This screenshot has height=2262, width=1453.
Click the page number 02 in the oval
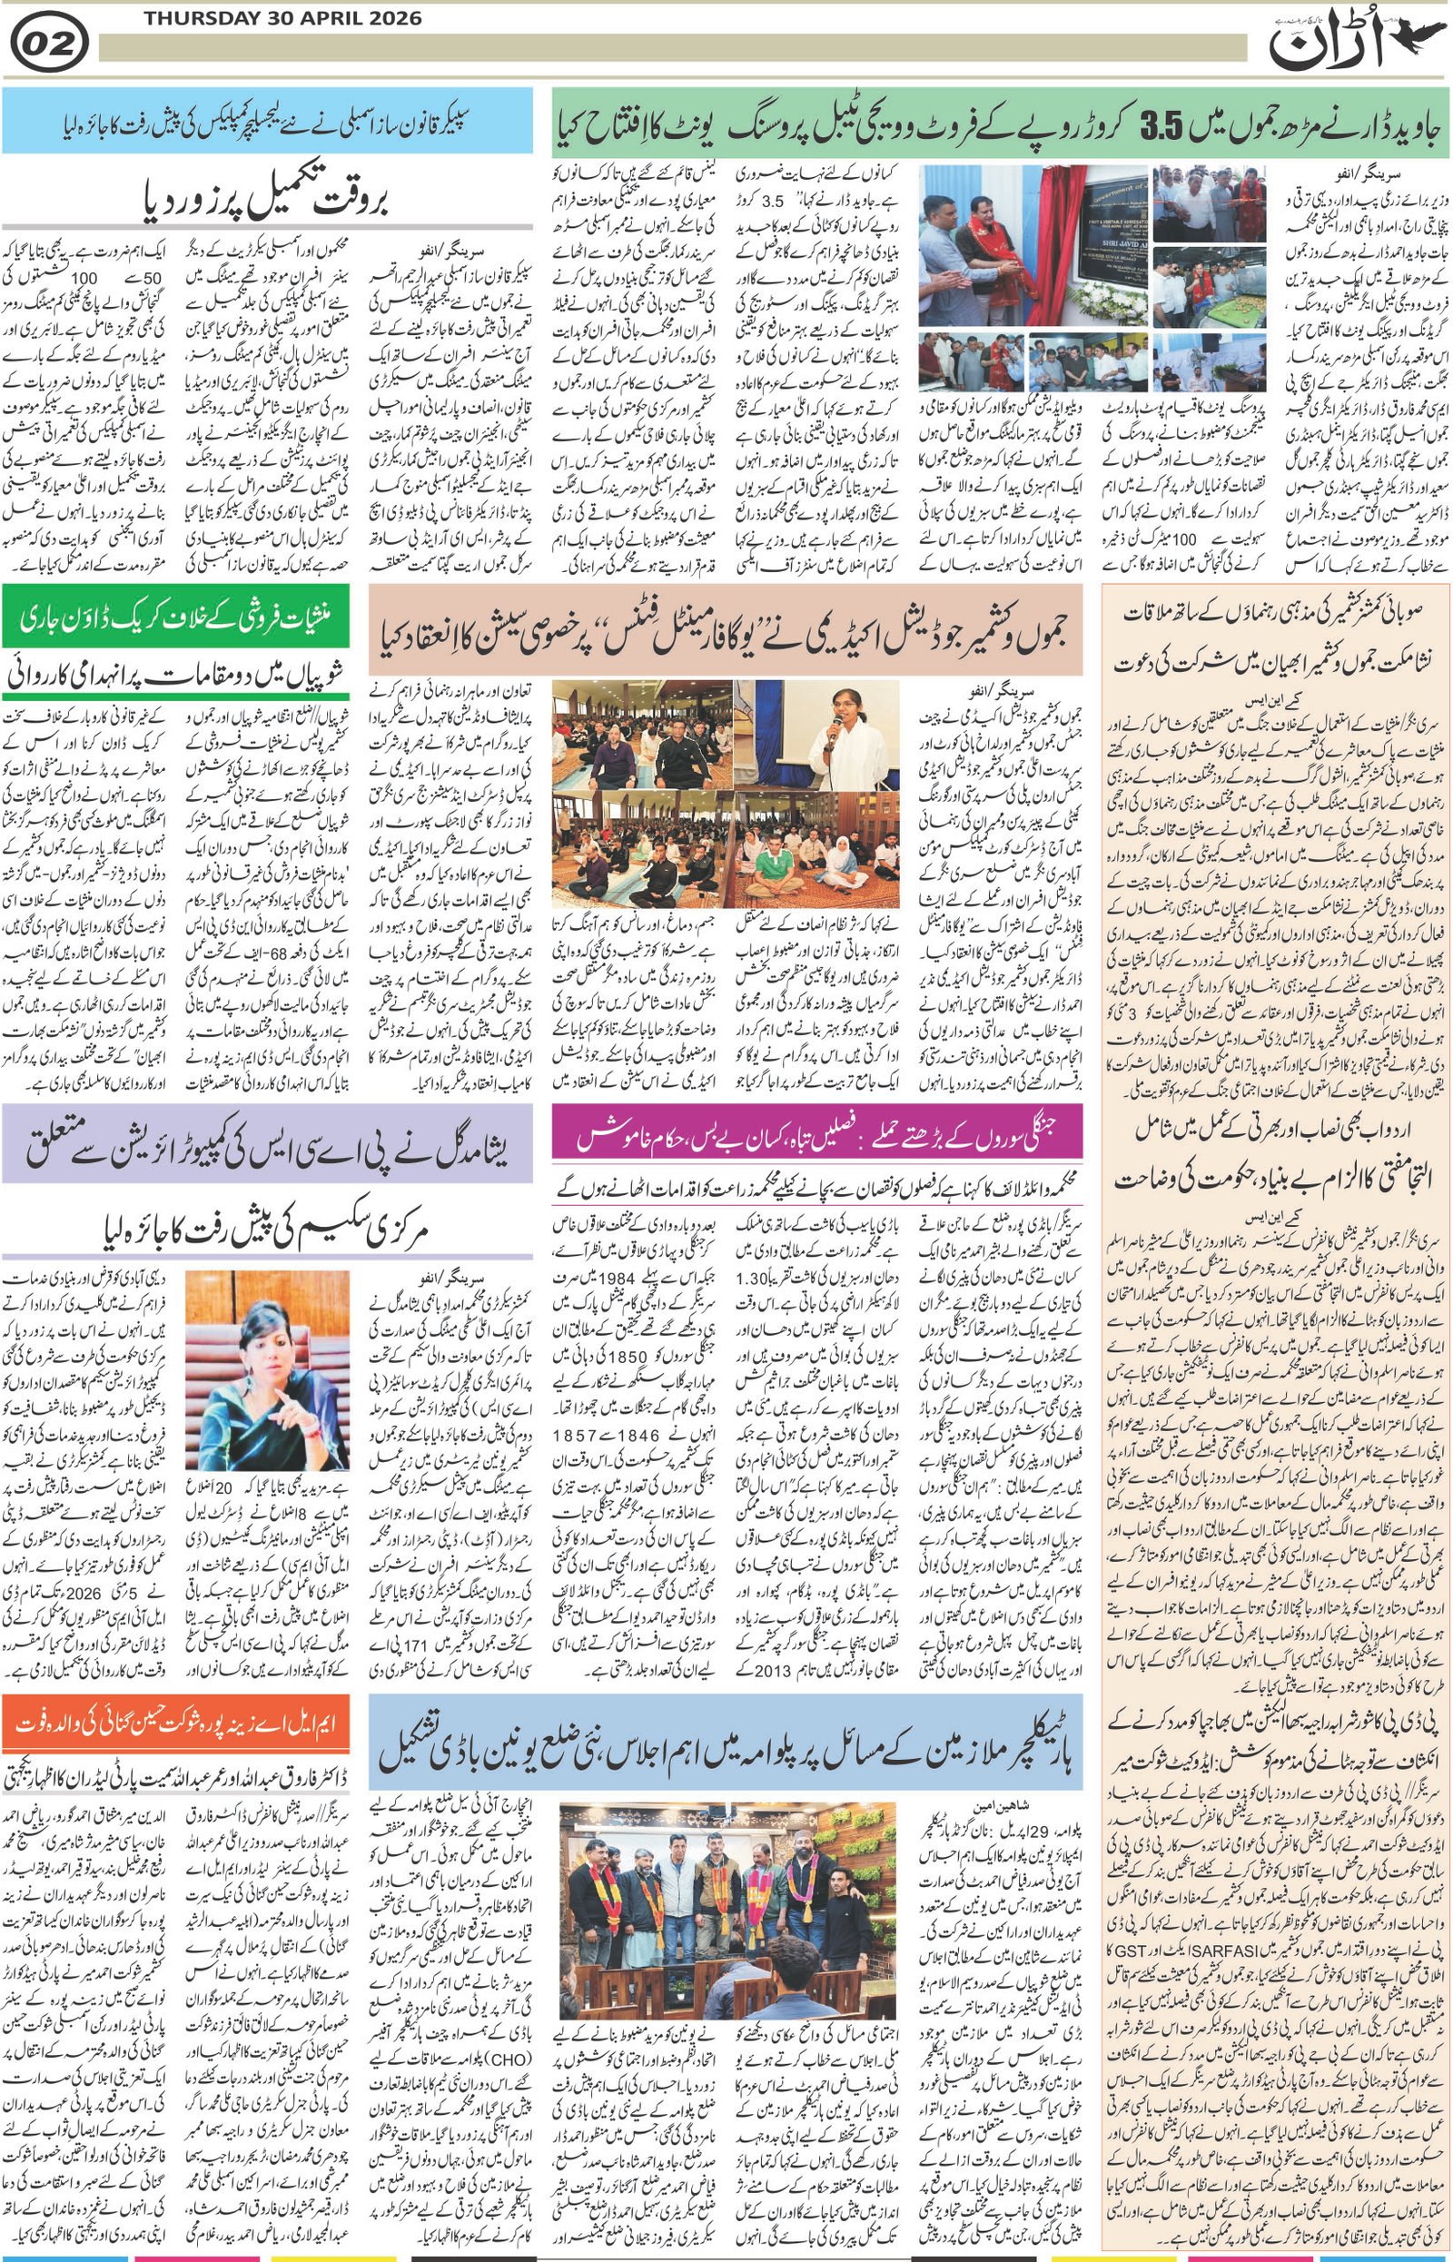click(x=50, y=44)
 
